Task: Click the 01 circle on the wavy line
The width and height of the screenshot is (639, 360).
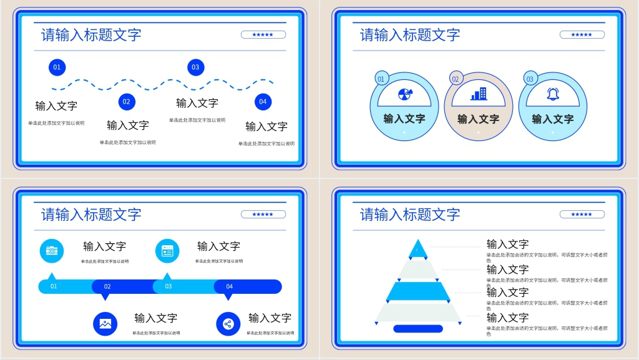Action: click(57, 67)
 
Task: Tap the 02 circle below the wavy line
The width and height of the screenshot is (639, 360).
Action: click(127, 102)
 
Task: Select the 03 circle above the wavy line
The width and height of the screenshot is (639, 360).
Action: click(195, 67)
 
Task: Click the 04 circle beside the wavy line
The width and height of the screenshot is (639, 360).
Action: click(263, 102)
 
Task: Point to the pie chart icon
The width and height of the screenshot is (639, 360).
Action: click(404, 94)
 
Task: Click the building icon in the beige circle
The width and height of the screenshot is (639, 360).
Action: click(479, 94)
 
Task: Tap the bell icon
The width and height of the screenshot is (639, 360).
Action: click(553, 94)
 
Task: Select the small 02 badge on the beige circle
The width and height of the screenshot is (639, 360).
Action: click(456, 79)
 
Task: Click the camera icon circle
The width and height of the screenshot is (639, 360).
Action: click(52, 250)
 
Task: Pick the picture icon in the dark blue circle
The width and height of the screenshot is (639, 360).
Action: click(105, 324)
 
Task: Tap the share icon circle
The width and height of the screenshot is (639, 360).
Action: click(228, 324)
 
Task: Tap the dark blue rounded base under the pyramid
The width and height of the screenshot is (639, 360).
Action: click(417, 329)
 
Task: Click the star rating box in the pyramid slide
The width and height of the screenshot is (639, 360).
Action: click(582, 215)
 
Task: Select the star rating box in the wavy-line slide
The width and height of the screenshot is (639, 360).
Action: click(263, 35)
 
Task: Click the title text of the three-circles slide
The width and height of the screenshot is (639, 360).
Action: click(410, 35)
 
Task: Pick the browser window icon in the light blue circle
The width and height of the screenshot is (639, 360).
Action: click(167, 251)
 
